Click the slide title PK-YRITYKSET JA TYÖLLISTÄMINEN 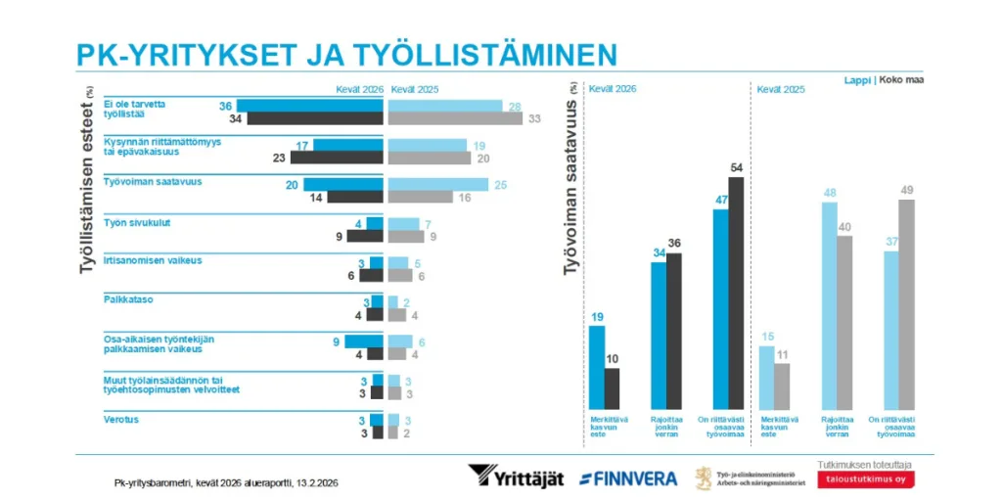point(346,53)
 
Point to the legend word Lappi point(858,79)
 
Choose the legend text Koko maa point(902,79)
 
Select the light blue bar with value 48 point(830,304)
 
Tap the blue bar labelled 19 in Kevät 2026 point(597,366)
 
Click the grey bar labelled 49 point(907,303)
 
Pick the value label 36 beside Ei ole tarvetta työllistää point(225,106)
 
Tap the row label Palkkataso point(126,299)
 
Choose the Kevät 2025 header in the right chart point(781,89)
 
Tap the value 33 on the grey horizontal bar point(534,118)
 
